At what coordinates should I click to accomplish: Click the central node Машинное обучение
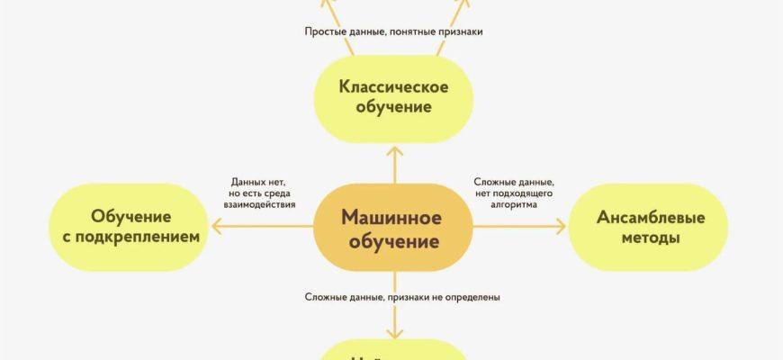391,229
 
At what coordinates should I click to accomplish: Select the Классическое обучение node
392,97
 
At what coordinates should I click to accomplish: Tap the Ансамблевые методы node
637,228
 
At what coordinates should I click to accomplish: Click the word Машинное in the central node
391,218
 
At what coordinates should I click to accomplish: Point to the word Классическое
392,86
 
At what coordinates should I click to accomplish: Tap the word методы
637,239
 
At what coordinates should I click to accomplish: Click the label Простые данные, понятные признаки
392,31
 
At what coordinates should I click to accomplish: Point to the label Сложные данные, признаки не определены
401,297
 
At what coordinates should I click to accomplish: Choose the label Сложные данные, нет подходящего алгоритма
514,193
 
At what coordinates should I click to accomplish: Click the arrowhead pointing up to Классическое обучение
393,147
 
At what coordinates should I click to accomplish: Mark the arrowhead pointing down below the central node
393,332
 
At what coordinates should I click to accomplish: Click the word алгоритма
514,205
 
